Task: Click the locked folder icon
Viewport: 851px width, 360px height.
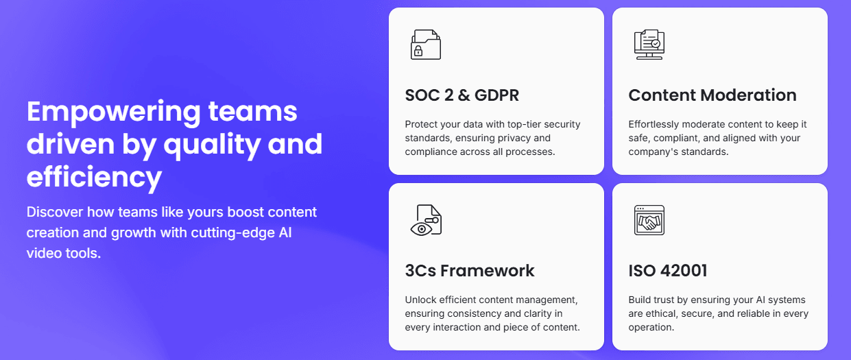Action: point(426,45)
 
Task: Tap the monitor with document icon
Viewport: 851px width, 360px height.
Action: point(649,45)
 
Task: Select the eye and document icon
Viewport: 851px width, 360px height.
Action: point(426,220)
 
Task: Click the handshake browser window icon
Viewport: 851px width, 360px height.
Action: point(649,220)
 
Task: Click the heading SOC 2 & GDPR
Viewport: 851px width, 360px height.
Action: point(462,95)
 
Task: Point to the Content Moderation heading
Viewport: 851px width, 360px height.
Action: point(712,95)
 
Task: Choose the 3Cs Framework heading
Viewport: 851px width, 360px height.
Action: point(470,271)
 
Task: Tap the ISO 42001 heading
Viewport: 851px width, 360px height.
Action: point(667,271)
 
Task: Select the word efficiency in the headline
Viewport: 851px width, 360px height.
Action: point(94,178)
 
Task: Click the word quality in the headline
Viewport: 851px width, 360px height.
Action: point(212,145)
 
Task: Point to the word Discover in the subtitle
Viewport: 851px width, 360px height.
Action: point(55,212)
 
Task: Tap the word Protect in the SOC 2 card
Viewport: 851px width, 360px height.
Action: point(418,124)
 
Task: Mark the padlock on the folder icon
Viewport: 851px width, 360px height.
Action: point(418,51)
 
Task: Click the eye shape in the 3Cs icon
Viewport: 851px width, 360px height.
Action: point(421,229)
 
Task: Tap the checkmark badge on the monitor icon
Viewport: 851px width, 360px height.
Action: point(656,44)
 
